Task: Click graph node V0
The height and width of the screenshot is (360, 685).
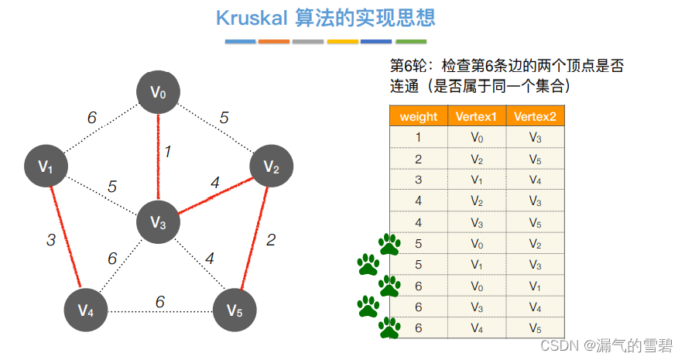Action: (x=159, y=93)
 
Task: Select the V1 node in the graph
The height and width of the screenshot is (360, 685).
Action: (x=46, y=166)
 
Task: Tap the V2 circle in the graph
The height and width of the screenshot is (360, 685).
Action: (x=270, y=166)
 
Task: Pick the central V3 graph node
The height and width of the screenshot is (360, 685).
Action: (x=159, y=223)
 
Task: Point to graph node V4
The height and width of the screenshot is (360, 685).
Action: (x=86, y=311)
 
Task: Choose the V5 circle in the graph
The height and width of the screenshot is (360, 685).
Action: (x=235, y=311)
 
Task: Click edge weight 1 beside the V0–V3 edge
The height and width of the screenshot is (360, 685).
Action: (x=167, y=152)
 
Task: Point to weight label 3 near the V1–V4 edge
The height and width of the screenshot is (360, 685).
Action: (x=51, y=240)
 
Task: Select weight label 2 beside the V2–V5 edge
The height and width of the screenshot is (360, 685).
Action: (x=270, y=240)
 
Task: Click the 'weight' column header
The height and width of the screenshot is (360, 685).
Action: (x=419, y=117)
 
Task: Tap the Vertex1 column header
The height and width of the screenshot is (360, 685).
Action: (x=478, y=117)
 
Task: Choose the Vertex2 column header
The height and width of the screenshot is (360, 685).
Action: (x=535, y=117)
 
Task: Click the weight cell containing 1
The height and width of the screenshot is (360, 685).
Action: (x=419, y=137)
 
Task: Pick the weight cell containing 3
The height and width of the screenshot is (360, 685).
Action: (x=419, y=180)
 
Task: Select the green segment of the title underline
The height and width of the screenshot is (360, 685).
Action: (x=410, y=41)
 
